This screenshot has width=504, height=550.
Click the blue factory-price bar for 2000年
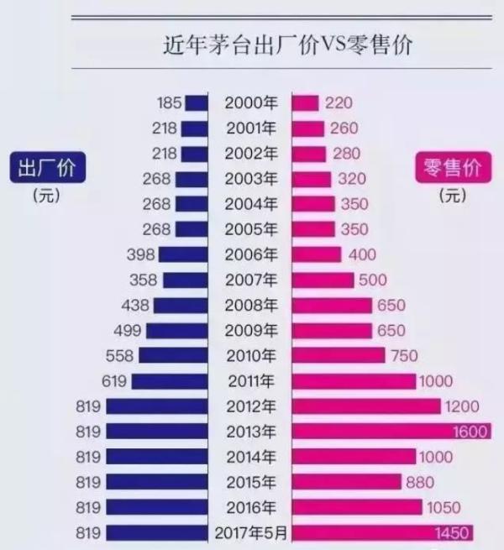197,103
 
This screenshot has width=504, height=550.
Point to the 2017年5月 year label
250,532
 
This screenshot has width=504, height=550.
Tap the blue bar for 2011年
170,381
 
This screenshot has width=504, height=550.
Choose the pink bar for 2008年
332,306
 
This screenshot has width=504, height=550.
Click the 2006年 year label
250,255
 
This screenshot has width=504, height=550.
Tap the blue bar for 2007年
185,280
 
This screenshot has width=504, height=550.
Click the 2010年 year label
250,356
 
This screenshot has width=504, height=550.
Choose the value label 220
339,103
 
